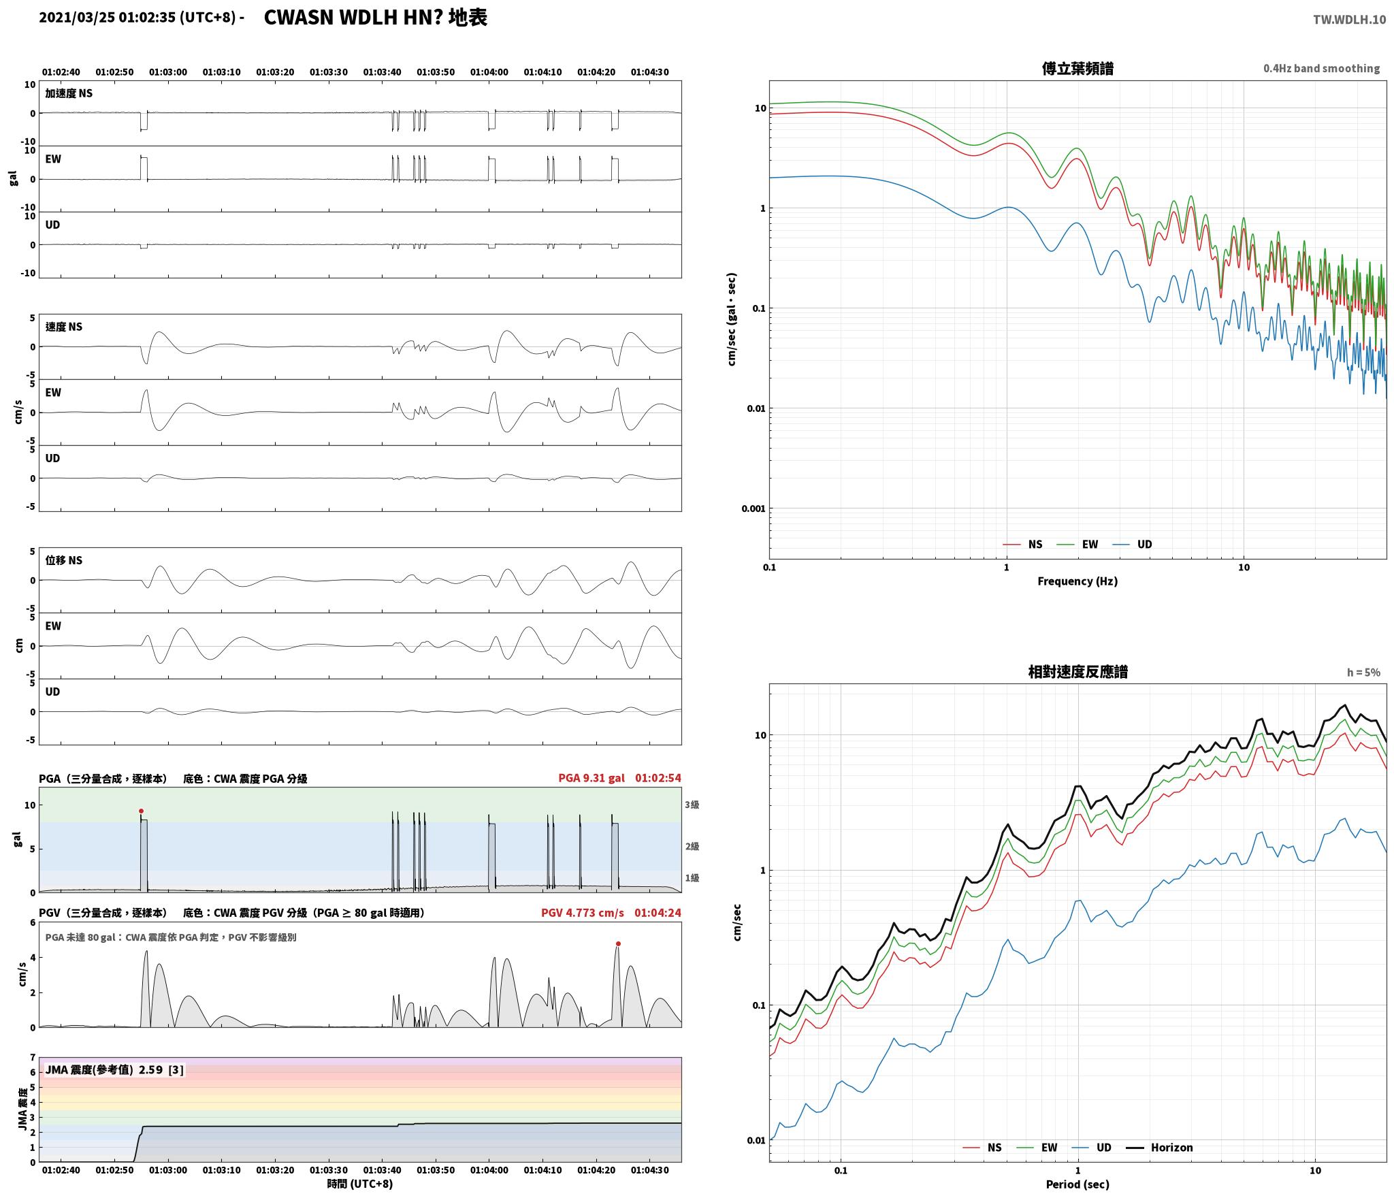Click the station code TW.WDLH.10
coord(1349,20)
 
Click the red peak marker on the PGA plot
coord(141,811)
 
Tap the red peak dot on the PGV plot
coord(618,943)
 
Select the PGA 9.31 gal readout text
coord(591,778)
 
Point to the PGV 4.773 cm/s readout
coord(583,913)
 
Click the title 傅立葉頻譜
coord(1077,68)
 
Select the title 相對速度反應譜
coord(1077,672)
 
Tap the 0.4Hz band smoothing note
coord(1321,69)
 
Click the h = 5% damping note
coord(1363,673)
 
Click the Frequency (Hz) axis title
coord(1077,581)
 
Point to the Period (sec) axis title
coord(1077,1185)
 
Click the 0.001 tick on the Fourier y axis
coord(753,508)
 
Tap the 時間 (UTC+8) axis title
coord(360,1184)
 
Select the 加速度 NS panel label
coord(69,93)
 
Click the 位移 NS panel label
coord(64,560)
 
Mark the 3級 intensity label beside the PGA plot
coord(692,805)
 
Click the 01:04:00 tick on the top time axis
coord(489,72)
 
